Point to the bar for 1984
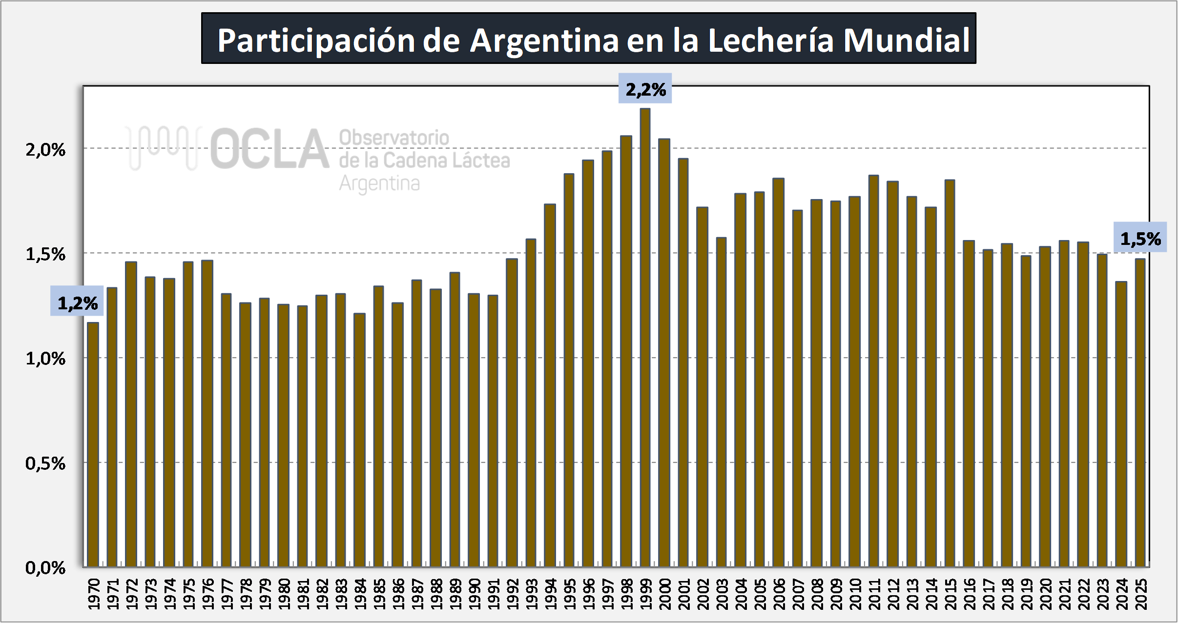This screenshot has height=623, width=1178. tap(359, 439)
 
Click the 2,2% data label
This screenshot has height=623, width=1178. tap(645, 89)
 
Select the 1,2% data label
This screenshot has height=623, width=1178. tap(77, 303)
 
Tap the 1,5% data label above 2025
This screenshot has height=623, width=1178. tap(1140, 239)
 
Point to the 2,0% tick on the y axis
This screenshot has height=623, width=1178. tap(45, 150)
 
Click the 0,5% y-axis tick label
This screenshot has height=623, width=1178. tap(45, 463)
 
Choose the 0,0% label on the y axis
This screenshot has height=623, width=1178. tap(45, 568)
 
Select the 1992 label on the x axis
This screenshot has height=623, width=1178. tap(512, 594)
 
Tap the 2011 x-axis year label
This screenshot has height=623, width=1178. tap(874, 594)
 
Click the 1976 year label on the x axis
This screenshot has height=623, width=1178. tap(207, 594)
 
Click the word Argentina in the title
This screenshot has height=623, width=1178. tap(544, 40)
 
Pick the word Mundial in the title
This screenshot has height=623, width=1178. tap(906, 40)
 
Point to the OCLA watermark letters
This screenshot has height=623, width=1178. tap(269, 149)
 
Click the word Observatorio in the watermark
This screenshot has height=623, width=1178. tap(394, 138)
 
